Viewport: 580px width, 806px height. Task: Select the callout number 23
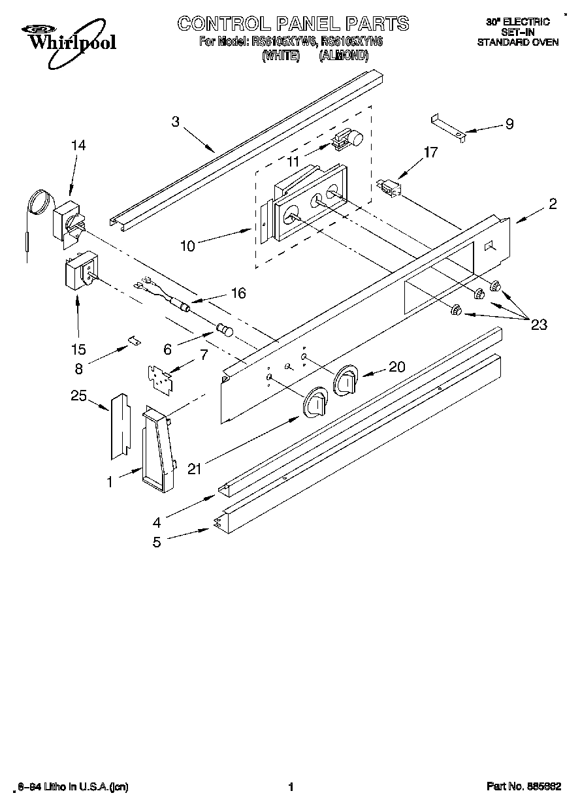(538, 325)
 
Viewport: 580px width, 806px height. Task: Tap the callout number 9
(509, 123)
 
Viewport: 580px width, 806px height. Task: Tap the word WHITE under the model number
(280, 56)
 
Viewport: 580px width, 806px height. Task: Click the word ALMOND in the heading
(344, 56)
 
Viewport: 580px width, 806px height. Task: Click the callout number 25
(78, 395)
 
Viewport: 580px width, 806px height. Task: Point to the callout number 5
(157, 541)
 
